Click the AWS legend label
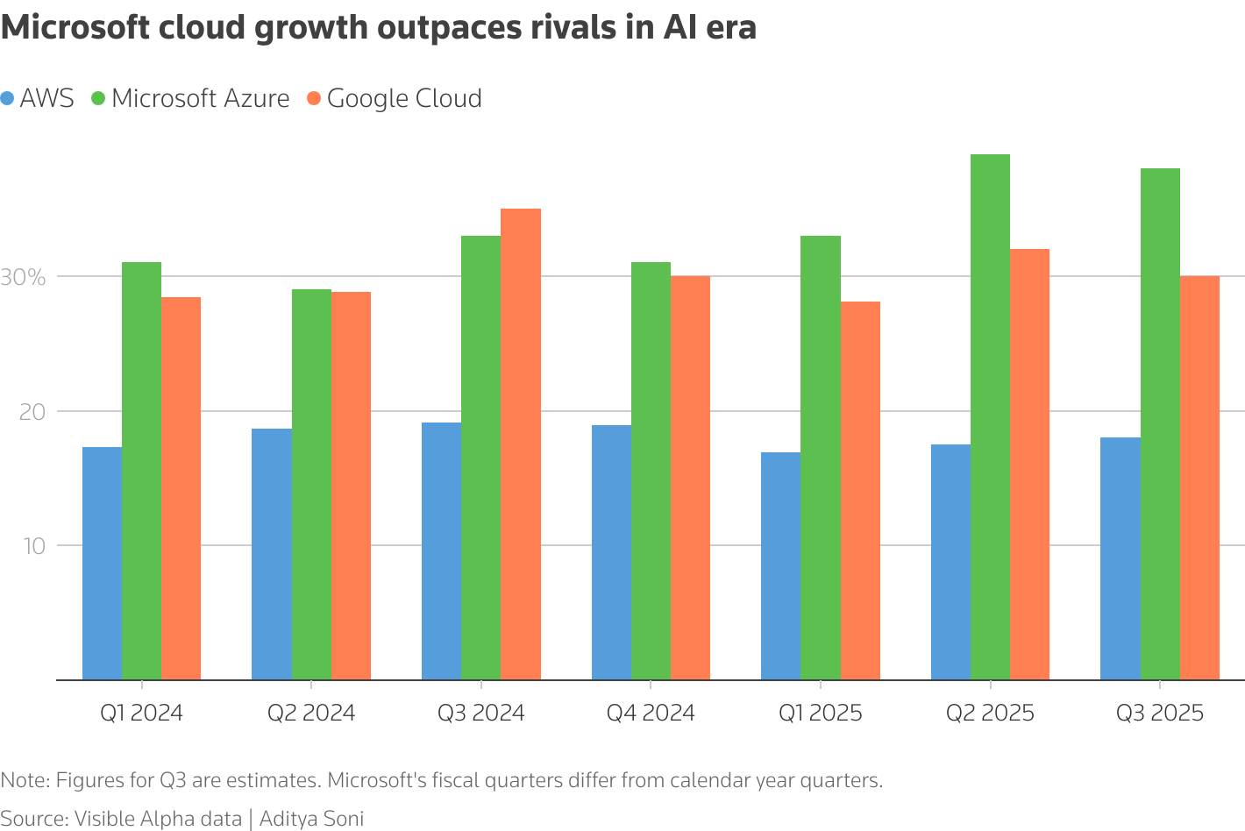coord(46,98)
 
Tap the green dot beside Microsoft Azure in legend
coord(97,99)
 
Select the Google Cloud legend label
coord(404,98)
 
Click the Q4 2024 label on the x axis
coord(651,713)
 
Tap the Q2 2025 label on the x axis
coord(990,713)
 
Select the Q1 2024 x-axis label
coord(141,713)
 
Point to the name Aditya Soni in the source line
coord(311,819)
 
